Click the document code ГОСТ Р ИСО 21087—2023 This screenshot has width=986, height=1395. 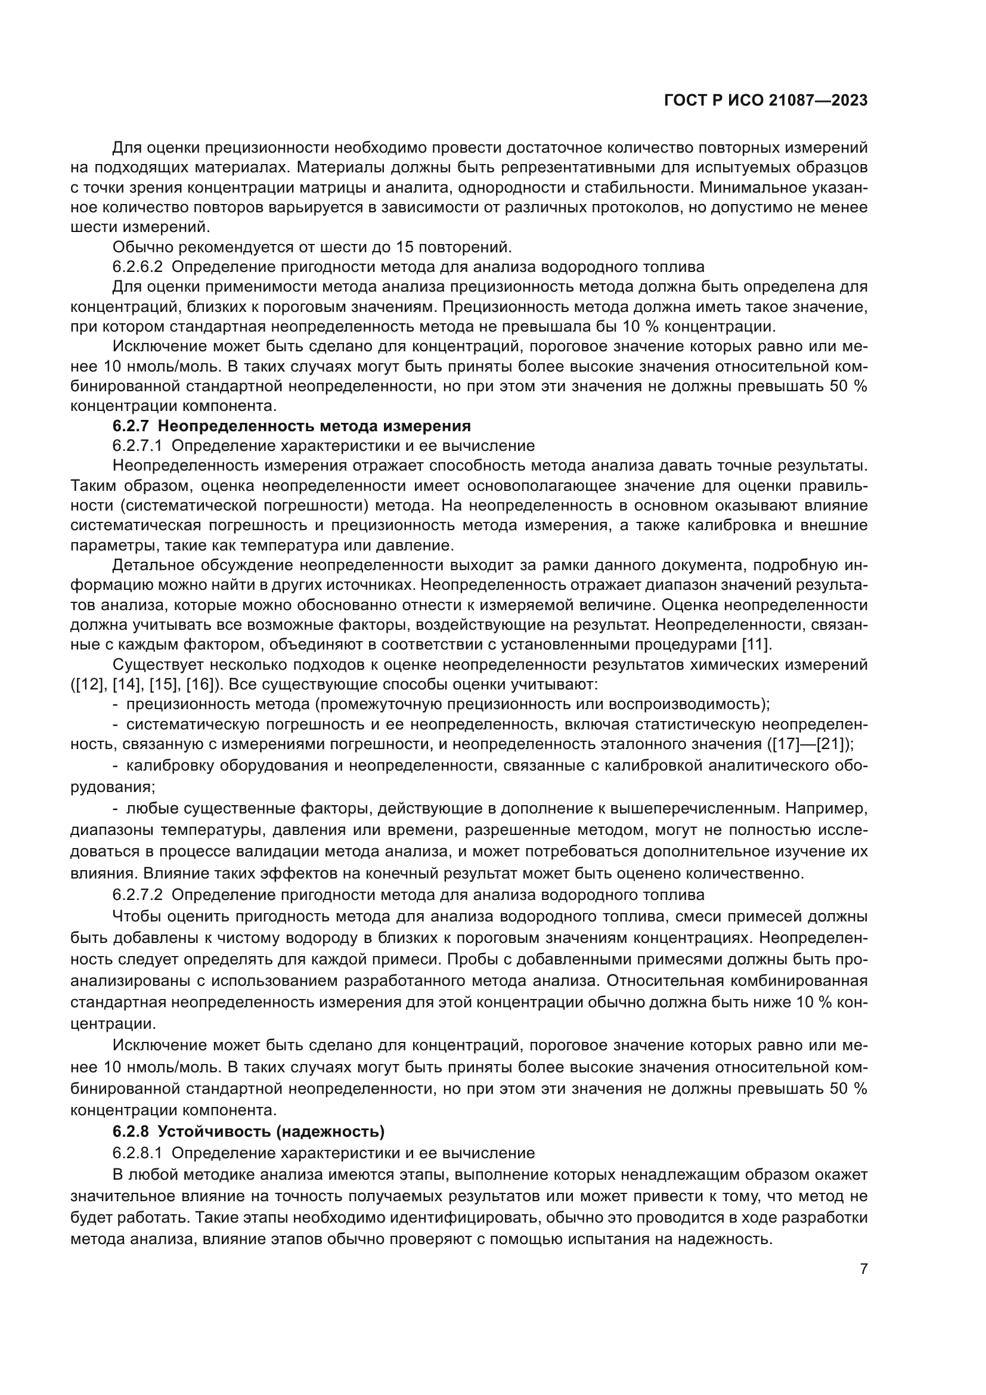click(x=765, y=100)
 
